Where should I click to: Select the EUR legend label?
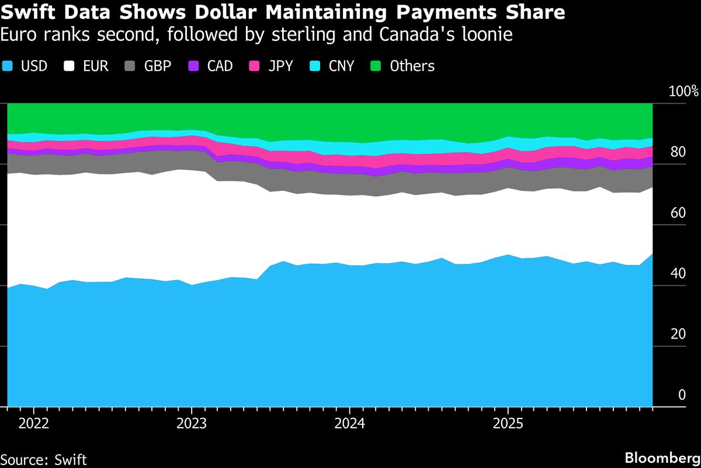point(96,66)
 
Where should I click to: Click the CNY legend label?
point(341,66)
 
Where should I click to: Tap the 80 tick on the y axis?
point(677,152)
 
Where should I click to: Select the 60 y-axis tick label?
point(677,213)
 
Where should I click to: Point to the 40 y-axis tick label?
point(677,274)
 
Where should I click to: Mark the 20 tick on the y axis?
point(677,334)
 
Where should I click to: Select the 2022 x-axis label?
point(34,422)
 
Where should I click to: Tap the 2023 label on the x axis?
point(192,422)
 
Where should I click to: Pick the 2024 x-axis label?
point(349,422)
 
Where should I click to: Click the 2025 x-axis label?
point(508,422)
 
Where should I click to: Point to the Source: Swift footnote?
point(44,459)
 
